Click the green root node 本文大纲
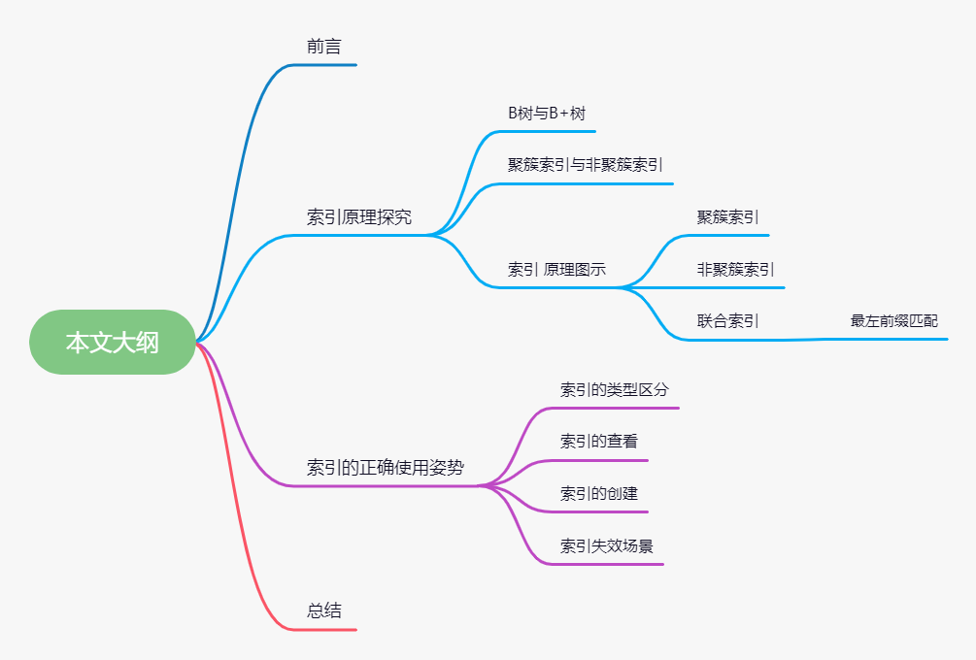coord(112,342)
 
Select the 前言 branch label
coord(323,46)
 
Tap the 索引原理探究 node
coord(359,216)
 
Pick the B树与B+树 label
coord(547,114)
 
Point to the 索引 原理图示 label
coord(556,269)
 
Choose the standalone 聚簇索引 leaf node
coord(727,217)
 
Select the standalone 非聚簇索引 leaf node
coord(735,269)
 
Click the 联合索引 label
coord(727,321)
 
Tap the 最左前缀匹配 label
coord(894,321)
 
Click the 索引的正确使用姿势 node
coord(386,468)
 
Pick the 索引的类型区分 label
coord(615,389)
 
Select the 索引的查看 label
coord(599,441)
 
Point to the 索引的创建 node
coord(599,493)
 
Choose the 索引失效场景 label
coord(607,545)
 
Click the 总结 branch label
coord(324,610)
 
